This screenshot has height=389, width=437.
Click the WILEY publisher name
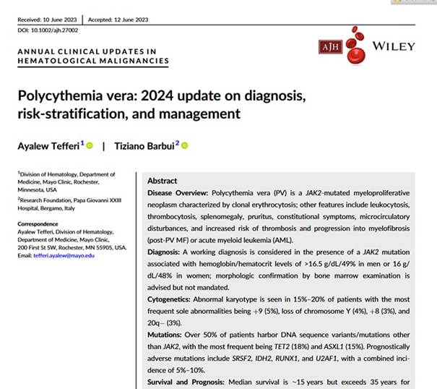click(394, 46)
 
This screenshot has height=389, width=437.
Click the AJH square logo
click(330, 47)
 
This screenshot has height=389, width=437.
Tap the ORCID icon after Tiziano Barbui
click(185, 146)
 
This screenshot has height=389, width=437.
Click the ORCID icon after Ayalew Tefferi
click(90, 146)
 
